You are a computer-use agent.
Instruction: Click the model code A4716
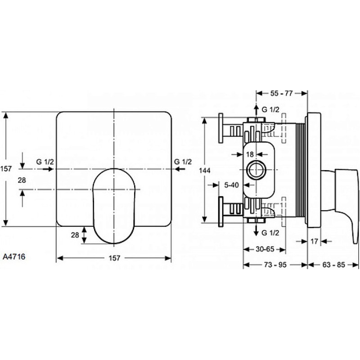pyautogui.click(x=14, y=256)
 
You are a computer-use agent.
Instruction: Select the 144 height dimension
pyautogui.click(x=205, y=171)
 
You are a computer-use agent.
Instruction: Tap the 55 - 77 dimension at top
pyautogui.click(x=282, y=93)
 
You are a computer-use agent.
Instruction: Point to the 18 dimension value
pyautogui.click(x=250, y=154)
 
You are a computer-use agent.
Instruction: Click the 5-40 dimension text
pyautogui.click(x=231, y=185)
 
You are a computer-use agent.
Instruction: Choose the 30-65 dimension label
pyautogui.click(x=265, y=249)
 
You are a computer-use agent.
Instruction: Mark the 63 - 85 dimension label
pyautogui.click(x=333, y=265)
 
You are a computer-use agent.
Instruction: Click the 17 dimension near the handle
pyautogui.click(x=314, y=241)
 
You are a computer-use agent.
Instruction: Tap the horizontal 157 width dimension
pyautogui.click(x=114, y=258)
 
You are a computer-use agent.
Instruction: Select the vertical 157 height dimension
pyautogui.click(x=6, y=169)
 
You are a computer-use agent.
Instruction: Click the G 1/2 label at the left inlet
pyautogui.click(x=45, y=162)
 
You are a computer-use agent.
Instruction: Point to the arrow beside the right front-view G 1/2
pyautogui.click(x=180, y=169)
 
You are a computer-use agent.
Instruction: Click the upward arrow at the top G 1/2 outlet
pyautogui.click(x=256, y=111)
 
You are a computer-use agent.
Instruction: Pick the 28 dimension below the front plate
pyautogui.click(x=75, y=235)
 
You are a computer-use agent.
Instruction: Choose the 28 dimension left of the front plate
pyautogui.click(x=22, y=180)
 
